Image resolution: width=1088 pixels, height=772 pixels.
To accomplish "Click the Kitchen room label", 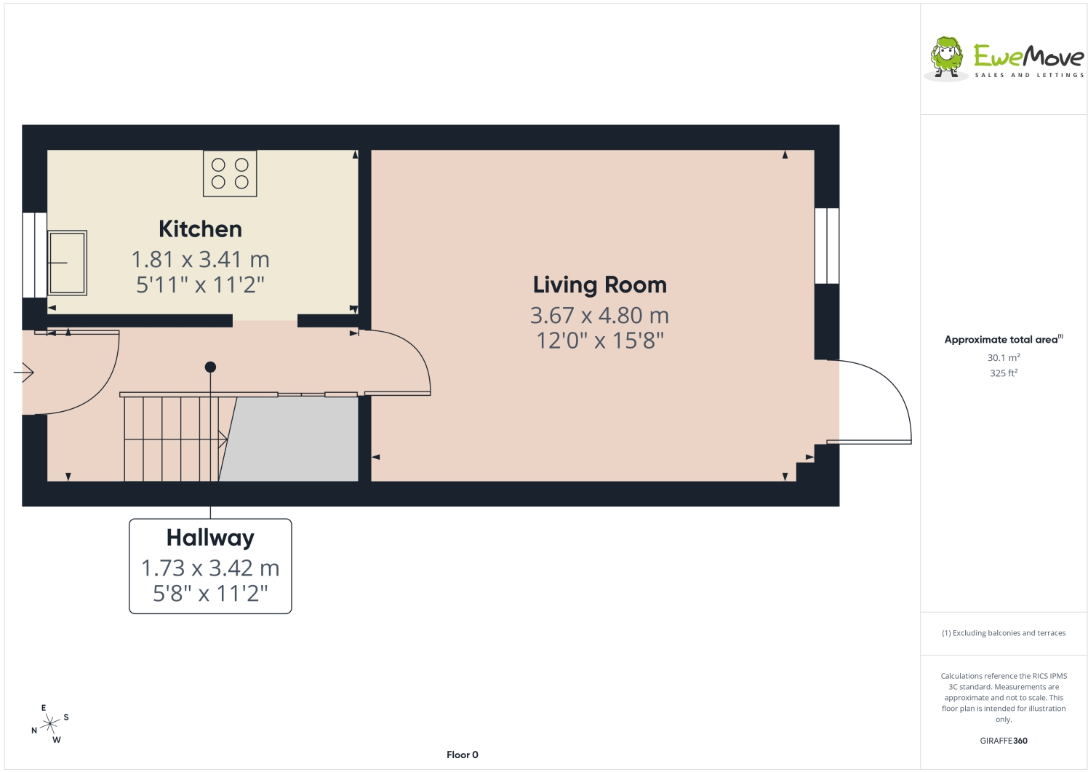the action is (200, 229).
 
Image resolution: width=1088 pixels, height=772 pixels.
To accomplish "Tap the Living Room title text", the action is (600, 284).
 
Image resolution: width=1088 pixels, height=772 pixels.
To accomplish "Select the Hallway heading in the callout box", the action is (210, 538).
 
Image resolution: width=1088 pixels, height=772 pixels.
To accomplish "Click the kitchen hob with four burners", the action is (230, 173).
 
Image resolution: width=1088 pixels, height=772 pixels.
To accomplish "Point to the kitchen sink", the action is (68, 263).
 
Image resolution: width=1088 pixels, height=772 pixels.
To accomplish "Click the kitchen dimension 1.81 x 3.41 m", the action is (201, 260).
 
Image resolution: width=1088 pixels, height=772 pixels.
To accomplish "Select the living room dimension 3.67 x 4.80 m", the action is (599, 315).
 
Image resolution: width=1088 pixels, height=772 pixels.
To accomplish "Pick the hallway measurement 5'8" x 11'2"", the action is (210, 593).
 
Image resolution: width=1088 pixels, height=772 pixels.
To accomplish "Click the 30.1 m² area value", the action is (1004, 357).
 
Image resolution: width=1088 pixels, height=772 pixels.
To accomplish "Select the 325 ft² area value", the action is (1004, 373).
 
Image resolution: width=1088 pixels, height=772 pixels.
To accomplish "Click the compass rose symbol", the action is (50, 724).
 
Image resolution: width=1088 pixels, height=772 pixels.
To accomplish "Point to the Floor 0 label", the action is (463, 755).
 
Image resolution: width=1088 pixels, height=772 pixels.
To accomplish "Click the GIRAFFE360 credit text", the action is (1004, 741).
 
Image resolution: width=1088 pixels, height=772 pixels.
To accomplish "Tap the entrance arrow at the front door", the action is (23, 373).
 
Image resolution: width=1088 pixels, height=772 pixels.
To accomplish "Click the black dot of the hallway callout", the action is (210, 367).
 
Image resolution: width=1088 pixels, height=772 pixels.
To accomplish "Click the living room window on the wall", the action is (827, 246).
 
